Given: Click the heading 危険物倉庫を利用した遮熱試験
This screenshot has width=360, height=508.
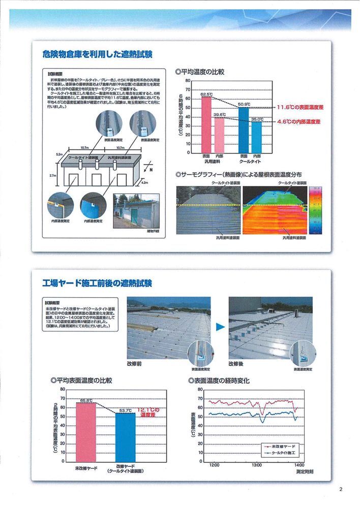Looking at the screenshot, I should pyautogui.click(x=98, y=54).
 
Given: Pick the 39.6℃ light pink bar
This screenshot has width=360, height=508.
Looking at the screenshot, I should pyautogui.click(x=219, y=135).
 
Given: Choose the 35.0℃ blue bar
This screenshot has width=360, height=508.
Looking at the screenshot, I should pyautogui.click(x=257, y=137).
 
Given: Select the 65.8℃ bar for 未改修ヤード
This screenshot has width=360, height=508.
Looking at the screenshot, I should pyautogui.click(x=86, y=432).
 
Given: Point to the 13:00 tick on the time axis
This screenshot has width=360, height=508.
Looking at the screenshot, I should pyautogui.click(x=257, y=464).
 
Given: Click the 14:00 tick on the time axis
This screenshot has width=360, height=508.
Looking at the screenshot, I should pyautogui.click(x=298, y=464).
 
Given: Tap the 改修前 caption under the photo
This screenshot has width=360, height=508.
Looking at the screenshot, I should pyautogui.click(x=135, y=364).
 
